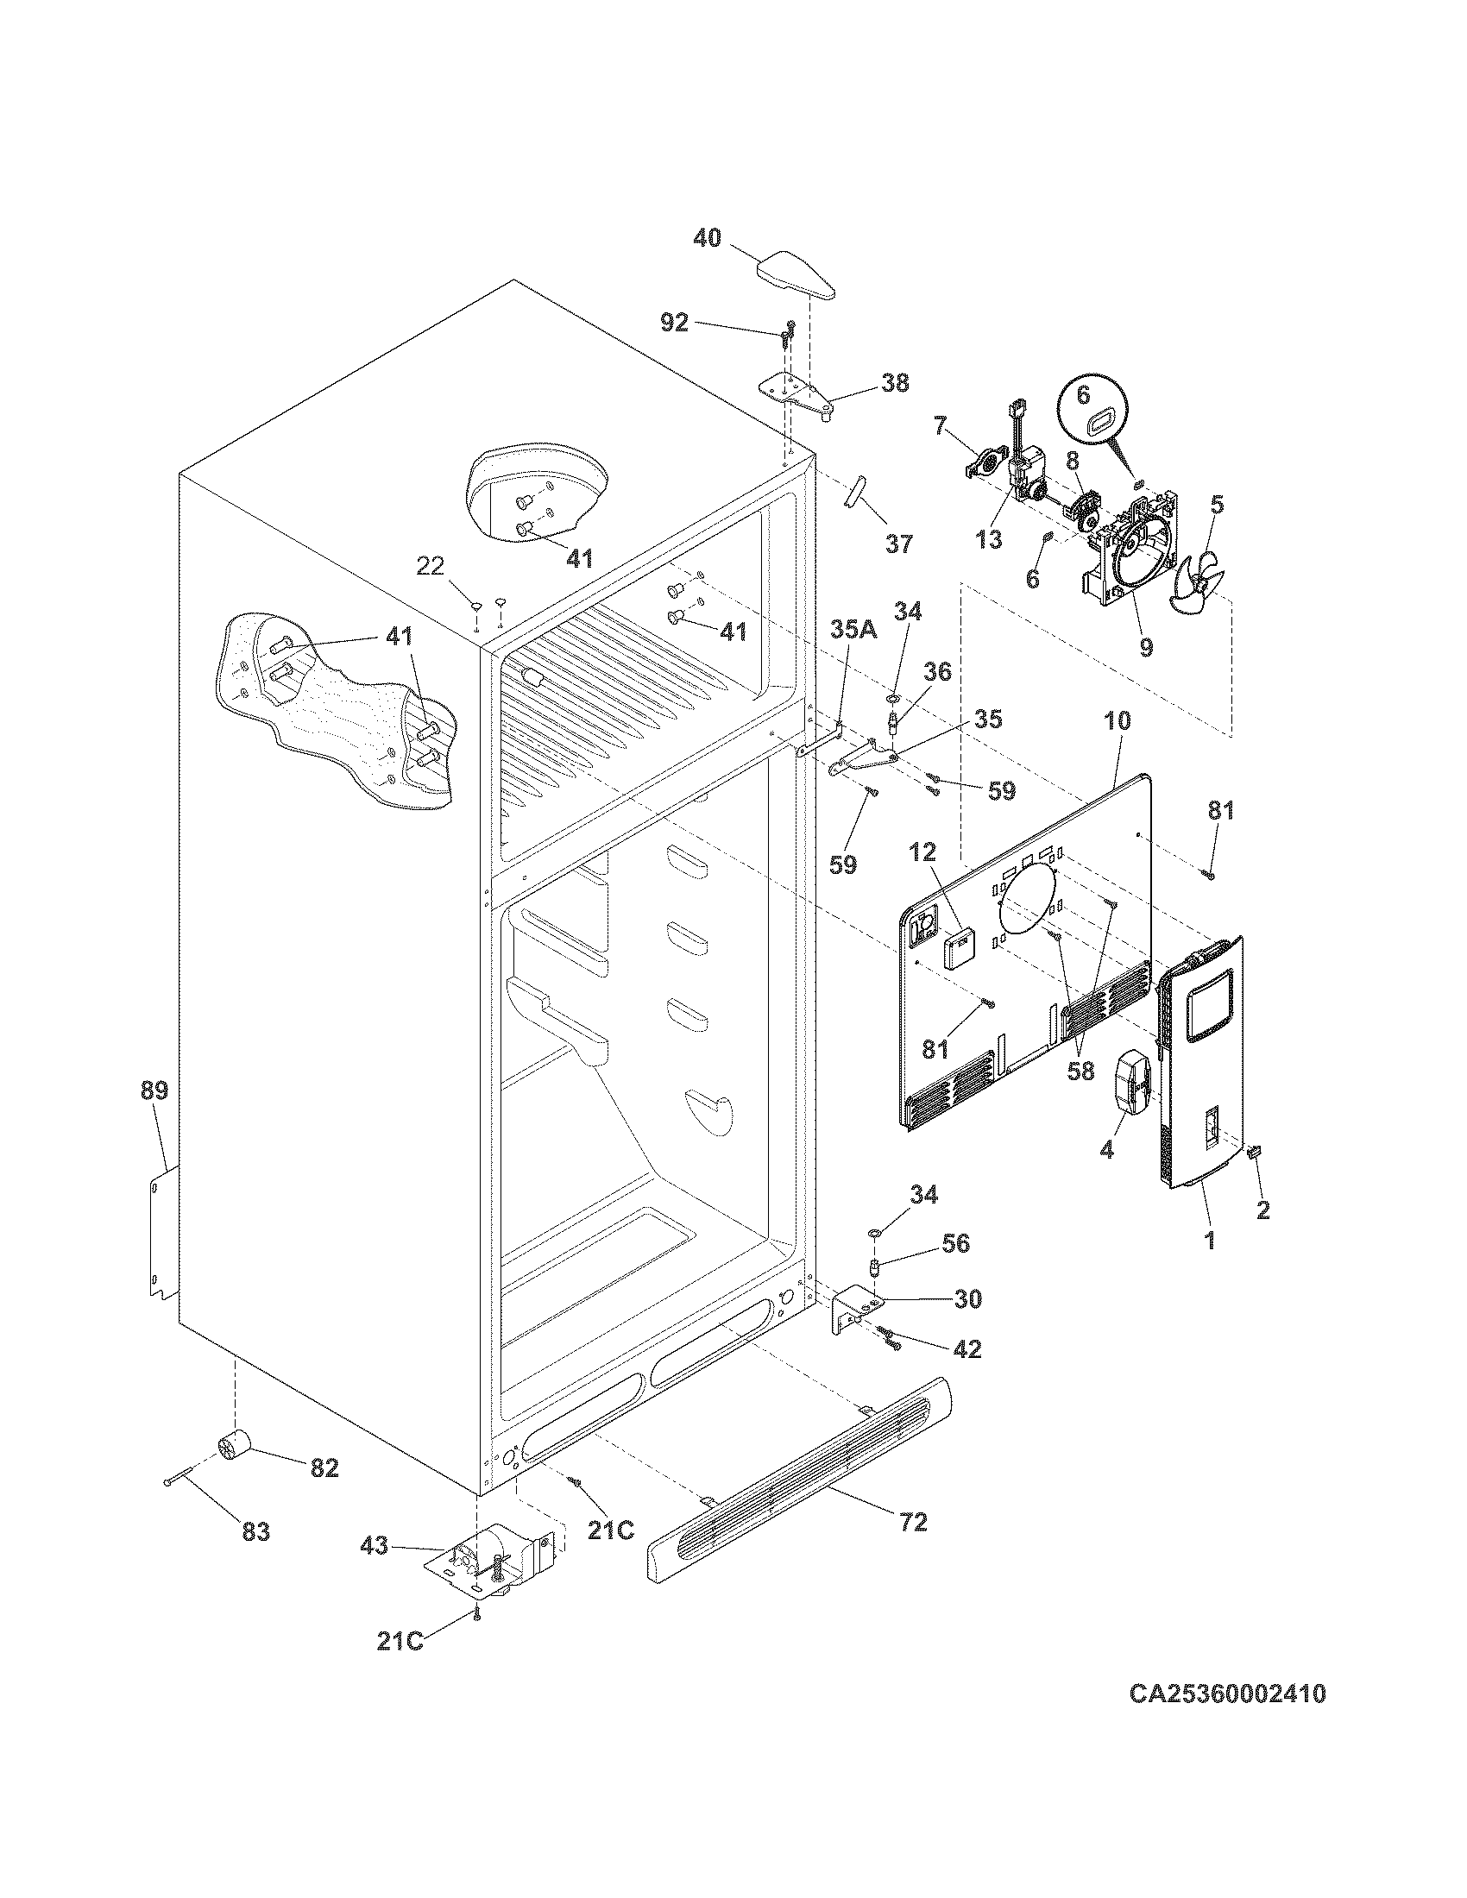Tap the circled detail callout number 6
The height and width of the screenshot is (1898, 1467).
coord(1083,394)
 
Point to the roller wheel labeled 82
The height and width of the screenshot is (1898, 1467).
coord(232,1445)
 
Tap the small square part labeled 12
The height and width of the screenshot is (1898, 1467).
coord(960,947)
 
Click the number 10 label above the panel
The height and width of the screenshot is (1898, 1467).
coord(1118,720)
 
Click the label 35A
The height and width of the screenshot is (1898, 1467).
coord(853,630)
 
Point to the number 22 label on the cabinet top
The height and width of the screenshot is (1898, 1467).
coord(431,566)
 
